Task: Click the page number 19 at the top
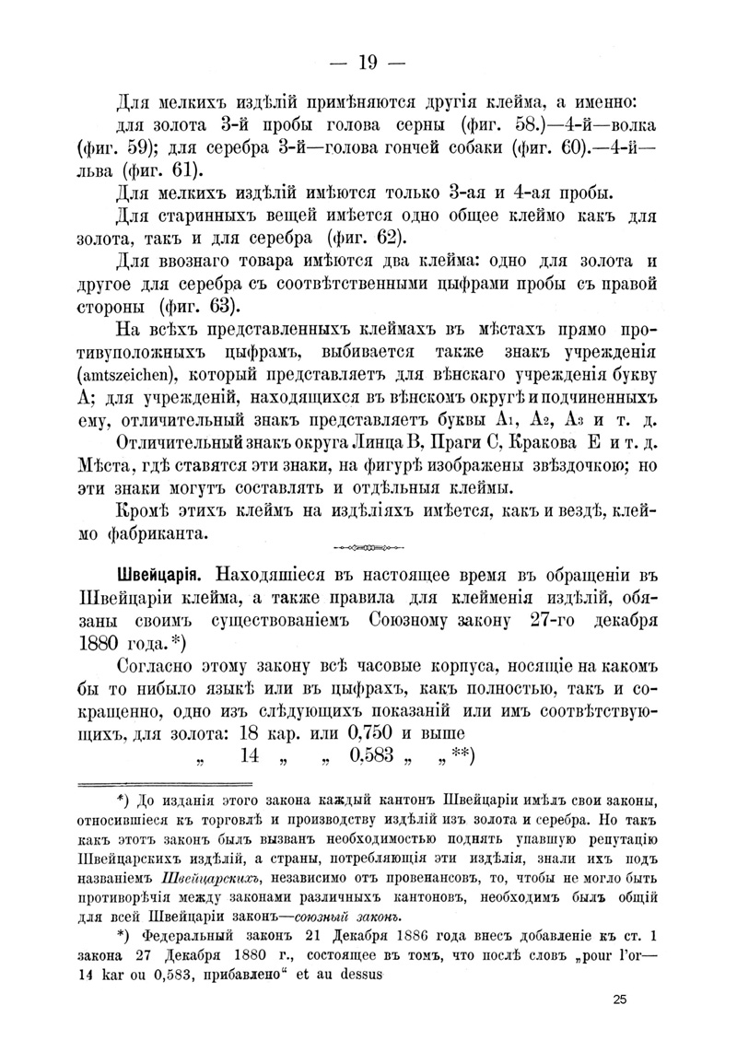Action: [368, 63]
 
